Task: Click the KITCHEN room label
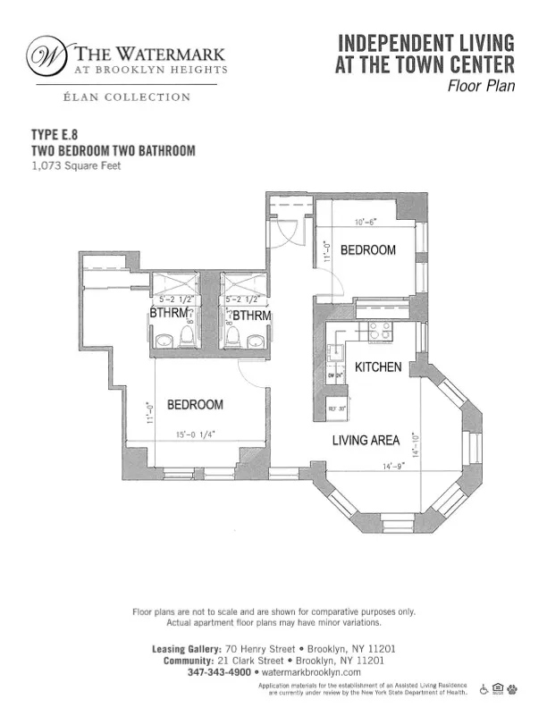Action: pyautogui.click(x=378, y=367)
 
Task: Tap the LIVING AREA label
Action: pyautogui.click(x=365, y=440)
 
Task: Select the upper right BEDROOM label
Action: pyautogui.click(x=367, y=250)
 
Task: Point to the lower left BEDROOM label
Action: pyautogui.click(x=195, y=405)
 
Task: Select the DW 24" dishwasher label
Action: pyautogui.click(x=335, y=375)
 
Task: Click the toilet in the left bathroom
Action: pyautogui.click(x=188, y=337)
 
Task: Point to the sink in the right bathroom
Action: pyautogui.click(x=256, y=340)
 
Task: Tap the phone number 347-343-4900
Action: pyautogui.click(x=220, y=671)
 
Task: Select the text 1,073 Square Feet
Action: pyautogui.click(x=76, y=165)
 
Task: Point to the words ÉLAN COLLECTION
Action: pyautogui.click(x=122, y=97)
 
